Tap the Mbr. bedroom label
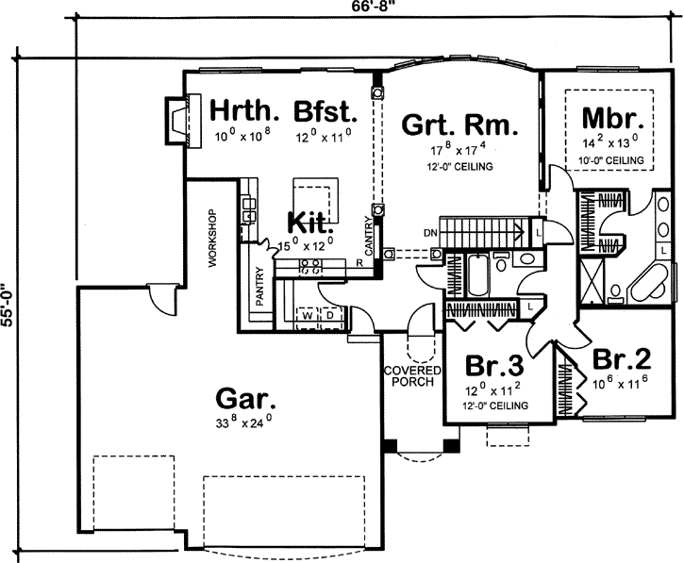click(x=612, y=119)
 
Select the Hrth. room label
click(x=237, y=111)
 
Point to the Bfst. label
click(x=324, y=111)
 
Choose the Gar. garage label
click(x=244, y=395)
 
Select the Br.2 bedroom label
click(x=621, y=359)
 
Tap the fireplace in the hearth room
click(x=175, y=121)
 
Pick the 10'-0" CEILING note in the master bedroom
click(x=612, y=161)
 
